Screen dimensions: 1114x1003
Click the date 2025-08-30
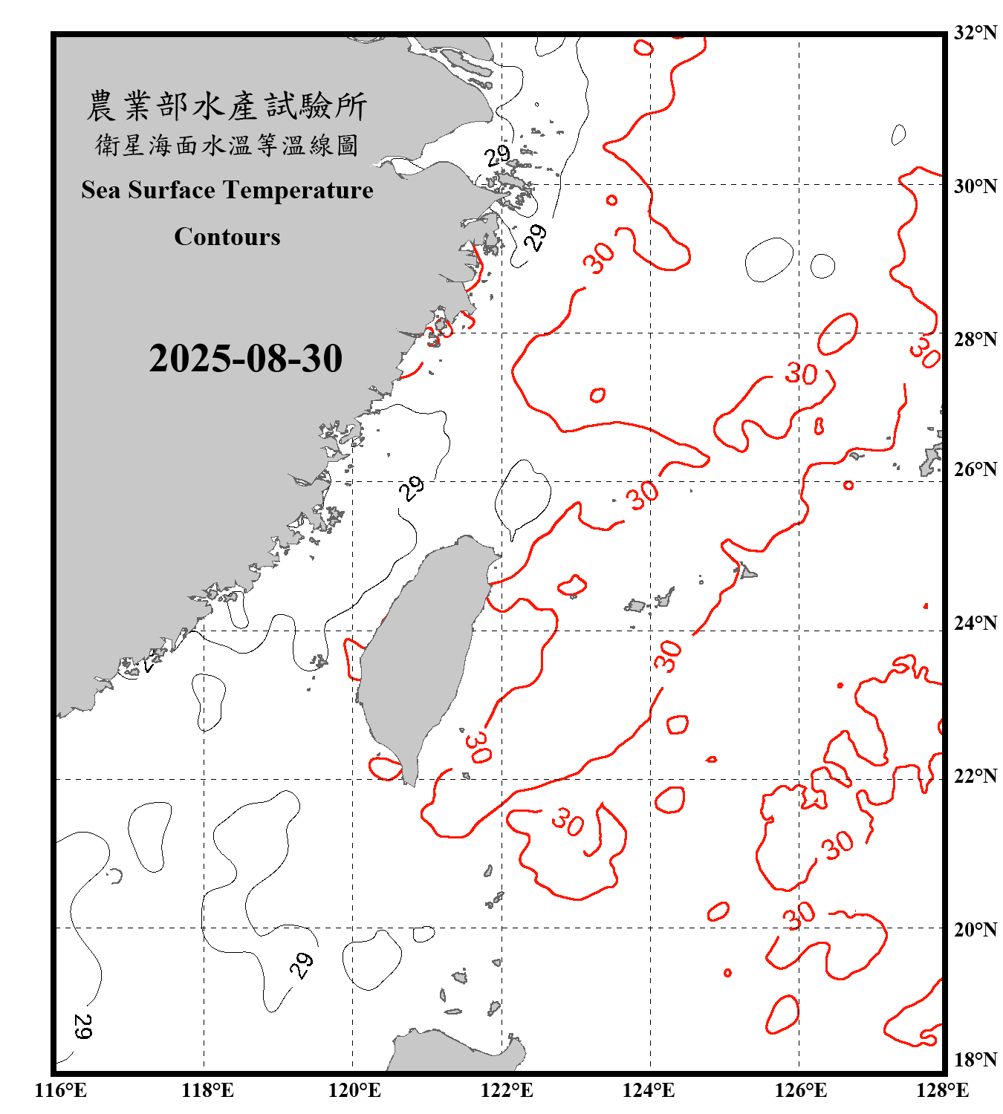click(245, 359)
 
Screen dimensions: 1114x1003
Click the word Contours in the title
click(227, 237)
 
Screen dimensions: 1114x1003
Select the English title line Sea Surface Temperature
click(227, 190)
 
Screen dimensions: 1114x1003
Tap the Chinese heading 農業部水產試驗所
click(227, 106)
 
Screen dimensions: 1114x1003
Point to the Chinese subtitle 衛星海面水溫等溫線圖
click(227, 145)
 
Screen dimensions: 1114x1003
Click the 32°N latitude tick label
click(975, 33)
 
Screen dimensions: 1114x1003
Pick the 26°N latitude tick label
click(975, 469)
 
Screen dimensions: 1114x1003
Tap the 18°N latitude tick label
click(975, 1060)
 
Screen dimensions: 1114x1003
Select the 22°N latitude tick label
click(975, 776)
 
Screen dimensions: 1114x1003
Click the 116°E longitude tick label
click(61, 1090)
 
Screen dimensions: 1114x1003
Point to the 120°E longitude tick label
click(354, 1090)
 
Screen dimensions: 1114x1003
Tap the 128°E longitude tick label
click(942, 1090)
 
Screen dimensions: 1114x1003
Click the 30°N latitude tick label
click(975, 186)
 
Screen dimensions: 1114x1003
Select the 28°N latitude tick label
click(975, 339)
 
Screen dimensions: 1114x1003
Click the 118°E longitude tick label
click(207, 1090)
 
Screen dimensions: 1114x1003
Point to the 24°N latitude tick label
click(975, 623)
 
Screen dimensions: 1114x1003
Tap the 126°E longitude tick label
click(800, 1090)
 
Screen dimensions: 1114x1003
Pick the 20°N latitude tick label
click(975, 929)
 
